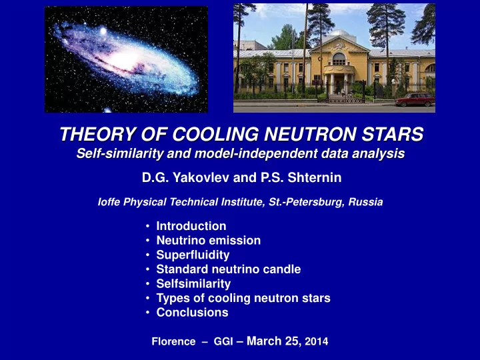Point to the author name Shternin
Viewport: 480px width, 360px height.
tap(315, 177)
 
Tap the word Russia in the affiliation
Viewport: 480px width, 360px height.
tap(365, 202)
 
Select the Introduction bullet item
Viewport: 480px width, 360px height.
tap(191, 226)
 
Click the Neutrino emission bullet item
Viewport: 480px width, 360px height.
tap(209, 240)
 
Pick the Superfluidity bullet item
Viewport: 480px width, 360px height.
tap(193, 255)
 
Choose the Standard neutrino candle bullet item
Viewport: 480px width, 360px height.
tap(229, 269)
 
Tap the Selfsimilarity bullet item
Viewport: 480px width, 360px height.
tap(193, 284)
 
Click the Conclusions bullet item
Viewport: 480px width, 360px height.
tap(192, 313)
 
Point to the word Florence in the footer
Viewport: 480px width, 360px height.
tap(173, 341)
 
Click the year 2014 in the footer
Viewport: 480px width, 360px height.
tap(317, 341)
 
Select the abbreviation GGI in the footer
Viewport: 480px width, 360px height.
tap(223, 341)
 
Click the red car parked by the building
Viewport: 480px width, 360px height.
tap(415, 100)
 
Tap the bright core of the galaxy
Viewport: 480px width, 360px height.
tap(125, 60)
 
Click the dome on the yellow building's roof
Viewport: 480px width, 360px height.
tap(339, 33)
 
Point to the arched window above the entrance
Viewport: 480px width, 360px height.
tap(339, 59)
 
